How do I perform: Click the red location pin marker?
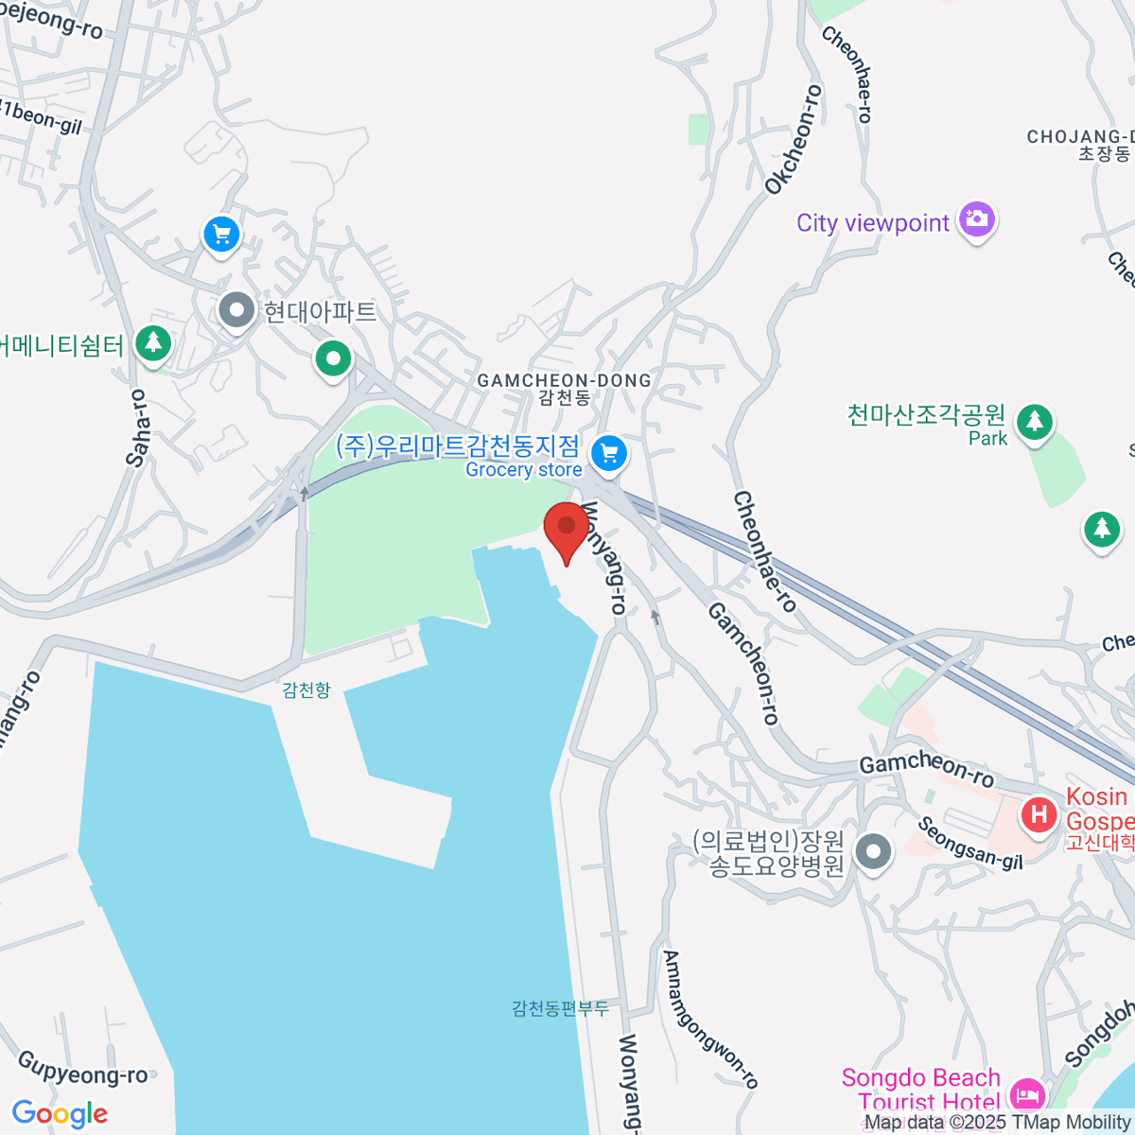(567, 528)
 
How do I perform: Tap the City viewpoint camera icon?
(977, 220)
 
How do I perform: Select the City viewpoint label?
(872, 223)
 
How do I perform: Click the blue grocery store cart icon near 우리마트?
(609, 454)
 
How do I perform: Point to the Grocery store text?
(523, 470)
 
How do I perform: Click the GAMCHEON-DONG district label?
(564, 380)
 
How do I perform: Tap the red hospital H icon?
(1039, 813)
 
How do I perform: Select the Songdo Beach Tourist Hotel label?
(920, 1090)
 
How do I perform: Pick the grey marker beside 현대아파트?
(236, 309)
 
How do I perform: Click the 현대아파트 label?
(320, 311)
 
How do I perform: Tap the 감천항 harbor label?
(306, 690)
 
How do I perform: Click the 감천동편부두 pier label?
(560, 1008)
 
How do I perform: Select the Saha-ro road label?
(138, 428)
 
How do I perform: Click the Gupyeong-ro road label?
(83, 1068)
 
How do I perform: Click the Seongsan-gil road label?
(970, 843)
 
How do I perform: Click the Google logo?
(60, 1114)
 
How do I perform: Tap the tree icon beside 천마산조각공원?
(1035, 420)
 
